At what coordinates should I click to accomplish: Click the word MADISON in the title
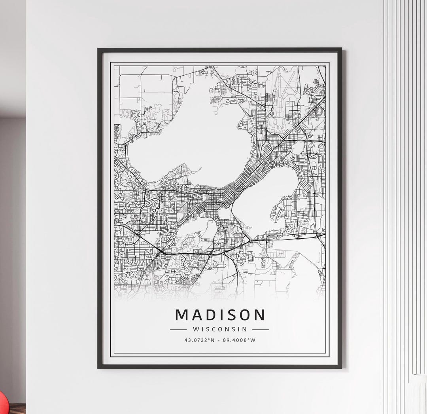coord(220,315)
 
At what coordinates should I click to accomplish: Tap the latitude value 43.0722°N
coord(199,340)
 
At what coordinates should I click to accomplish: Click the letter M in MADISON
coord(181,315)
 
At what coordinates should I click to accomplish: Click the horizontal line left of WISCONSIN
coord(178,329)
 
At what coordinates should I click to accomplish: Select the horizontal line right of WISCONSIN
coord(260,329)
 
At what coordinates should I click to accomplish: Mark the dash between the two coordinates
coord(219,340)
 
